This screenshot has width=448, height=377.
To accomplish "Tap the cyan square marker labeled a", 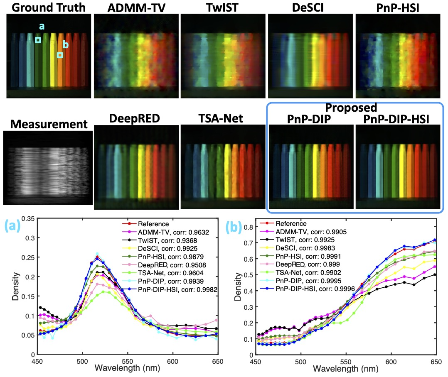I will [38, 40].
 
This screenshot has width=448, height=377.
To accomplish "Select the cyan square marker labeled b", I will [60, 55].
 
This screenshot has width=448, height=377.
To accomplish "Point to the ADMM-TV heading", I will [136, 7].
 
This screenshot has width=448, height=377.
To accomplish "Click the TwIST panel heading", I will [223, 7].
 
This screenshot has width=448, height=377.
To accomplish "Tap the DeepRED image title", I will [135, 119].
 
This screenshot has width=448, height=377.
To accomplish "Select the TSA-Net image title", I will [223, 119].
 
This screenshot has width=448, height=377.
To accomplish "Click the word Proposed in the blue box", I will [351, 108].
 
